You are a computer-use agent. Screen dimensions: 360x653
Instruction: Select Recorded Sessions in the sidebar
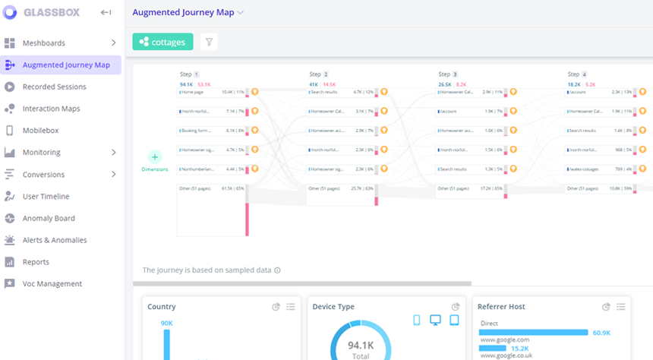tap(54, 87)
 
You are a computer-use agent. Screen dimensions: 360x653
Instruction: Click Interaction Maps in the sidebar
tap(51, 109)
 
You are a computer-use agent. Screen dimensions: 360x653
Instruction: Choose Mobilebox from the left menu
tap(40, 131)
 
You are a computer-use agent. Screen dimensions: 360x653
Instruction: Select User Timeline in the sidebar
tap(46, 197)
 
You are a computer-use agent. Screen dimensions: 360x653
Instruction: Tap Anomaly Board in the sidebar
tap(49, 219)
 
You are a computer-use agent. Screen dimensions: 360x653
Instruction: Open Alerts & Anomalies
tap(54, 240)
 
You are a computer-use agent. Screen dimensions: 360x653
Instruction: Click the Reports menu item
tap(36, 262)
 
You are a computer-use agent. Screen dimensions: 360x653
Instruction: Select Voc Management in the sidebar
tap(52, 284)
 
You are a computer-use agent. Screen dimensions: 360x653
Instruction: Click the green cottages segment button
tap(162, 43)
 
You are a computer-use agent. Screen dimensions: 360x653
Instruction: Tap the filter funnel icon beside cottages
tap(209, 43)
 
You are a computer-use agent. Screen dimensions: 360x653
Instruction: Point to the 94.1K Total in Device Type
tap(361, 349)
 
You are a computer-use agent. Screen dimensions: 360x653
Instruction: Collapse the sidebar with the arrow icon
tap(106, 13)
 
